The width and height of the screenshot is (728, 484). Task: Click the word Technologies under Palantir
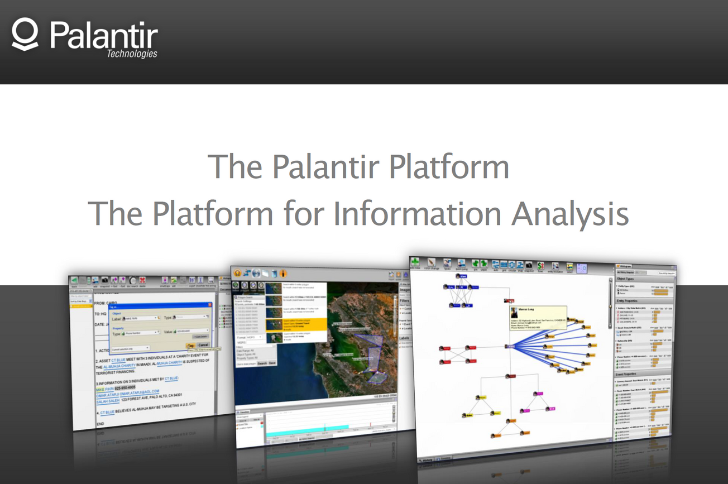coord(132,54)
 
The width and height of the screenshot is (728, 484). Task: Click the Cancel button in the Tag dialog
coord(203,345)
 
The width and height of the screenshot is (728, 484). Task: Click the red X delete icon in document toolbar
coord(143,280)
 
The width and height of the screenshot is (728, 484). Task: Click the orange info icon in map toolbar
coord(283,274)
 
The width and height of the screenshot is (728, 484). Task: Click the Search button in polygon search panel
coord(261,363)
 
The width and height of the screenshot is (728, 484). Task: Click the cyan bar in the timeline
coord(307,428)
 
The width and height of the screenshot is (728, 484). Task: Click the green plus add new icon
coord(415,262)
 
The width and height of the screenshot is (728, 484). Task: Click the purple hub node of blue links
coord(510,347)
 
